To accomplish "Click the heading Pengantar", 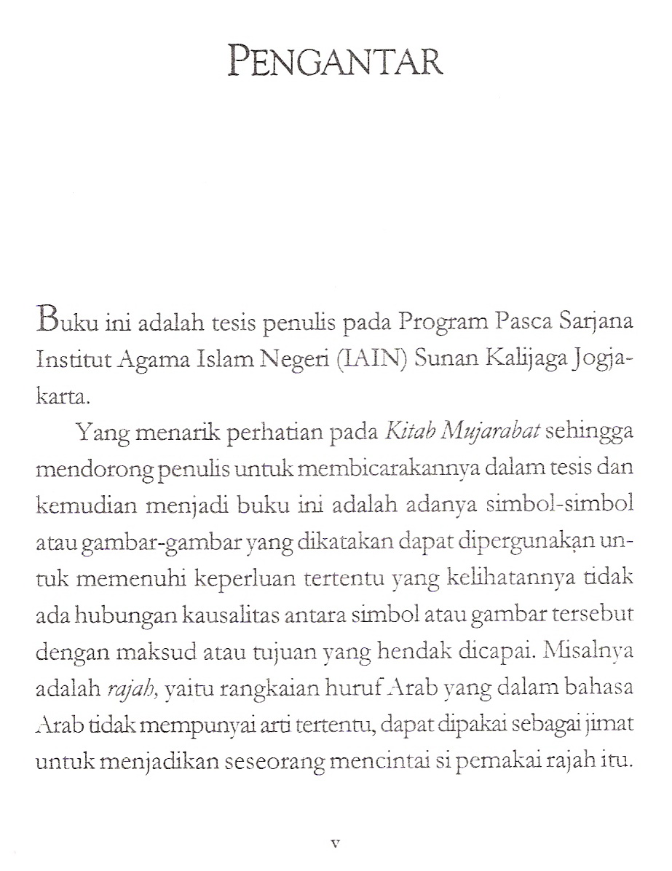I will click(336, 62).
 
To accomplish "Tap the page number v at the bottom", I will click(336, 844).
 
